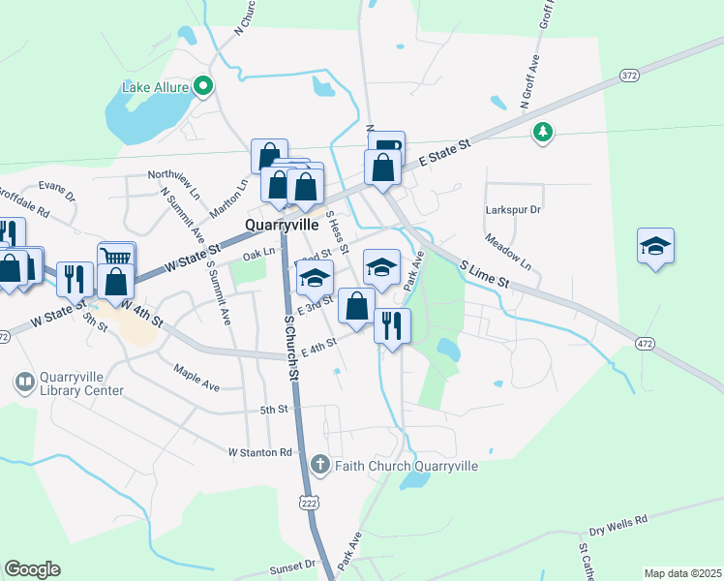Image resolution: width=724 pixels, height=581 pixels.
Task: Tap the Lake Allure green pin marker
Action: [203, 87]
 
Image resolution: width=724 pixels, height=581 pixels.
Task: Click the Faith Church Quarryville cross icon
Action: [321, 466]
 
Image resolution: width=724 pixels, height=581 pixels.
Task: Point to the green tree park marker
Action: [543, 132]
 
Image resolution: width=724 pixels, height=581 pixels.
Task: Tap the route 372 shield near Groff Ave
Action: [630, 74]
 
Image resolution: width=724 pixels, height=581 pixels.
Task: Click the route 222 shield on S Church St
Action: [309, 503]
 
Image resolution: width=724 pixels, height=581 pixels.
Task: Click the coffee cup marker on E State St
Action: [386, 147]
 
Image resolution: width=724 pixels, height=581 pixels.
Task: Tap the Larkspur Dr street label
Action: [512, 209]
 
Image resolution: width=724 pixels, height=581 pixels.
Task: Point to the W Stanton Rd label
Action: [259, 452]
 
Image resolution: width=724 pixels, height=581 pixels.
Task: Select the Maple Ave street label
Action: [196, 378]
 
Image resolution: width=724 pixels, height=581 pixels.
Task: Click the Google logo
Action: [32, 569]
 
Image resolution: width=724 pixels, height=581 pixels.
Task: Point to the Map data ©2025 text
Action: [682, 573]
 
